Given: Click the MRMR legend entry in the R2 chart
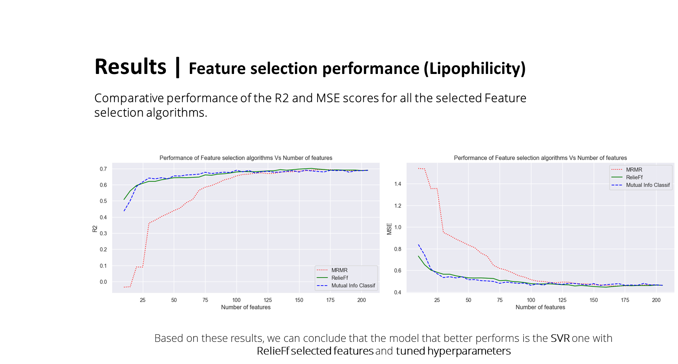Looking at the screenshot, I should pyautogui.click(x=339, y=270).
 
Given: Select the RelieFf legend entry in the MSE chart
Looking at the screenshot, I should pyautogui.click(x=634, y=177).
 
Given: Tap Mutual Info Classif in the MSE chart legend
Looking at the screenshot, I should pyautogui.click(x=648, y=185).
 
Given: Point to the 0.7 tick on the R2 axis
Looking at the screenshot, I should pyautogui.click(x=103, y=169).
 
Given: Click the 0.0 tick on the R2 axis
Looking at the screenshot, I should pyautogui.click(x=103, y=282).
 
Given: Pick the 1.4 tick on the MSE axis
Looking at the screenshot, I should pyautogui.click(x=398, y=184).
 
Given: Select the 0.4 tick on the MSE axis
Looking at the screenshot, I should pyautogui.click(x=398, y=292).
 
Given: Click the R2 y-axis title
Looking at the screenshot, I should pyautogui.click(x=95, y=229).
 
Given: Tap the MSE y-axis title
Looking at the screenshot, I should pyautogui.click(x=389, y=229).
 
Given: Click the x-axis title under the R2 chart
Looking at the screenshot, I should pyautogui.click(x=246, y=307).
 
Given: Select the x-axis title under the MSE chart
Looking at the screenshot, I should pyautogui.click(x=540, y=307).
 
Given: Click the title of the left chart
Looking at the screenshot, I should pyautogui.click(x=246, y=158).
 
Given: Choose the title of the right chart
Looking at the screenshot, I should pyautogui.click(x=540, y=158).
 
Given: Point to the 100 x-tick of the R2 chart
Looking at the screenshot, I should pyautogui.click(x=236, y=300).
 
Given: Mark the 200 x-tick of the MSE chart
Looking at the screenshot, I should pyautogui.click(x=656, y=300).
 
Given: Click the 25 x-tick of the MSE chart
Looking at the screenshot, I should pyautogui.click(x=437, y=300).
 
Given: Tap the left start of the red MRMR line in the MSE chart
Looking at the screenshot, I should pyautogui.click(x=418, y=168).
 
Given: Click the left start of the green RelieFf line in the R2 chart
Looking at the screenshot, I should pyautogui.click(x=124, y=199).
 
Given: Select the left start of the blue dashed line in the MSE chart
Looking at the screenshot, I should pyautogui.click(x=418, y=245).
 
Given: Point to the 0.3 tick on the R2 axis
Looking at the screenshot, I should pyautogui.click(x=103, y=233).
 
